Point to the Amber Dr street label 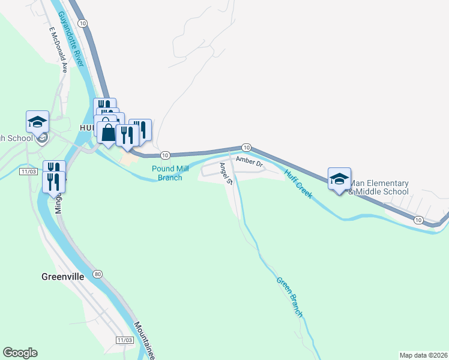tap(249, 162)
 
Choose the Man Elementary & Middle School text tap(378, 187)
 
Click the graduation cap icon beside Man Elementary tap(339, 178)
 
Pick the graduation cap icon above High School tap(37, 122)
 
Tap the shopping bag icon tap(107, 133)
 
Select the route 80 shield tap(98, 274)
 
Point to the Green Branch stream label tap(289, 296)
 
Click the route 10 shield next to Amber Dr tap(246, 147)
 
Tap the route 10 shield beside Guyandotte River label tap(83, 23)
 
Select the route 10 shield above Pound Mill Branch tap(165, 155)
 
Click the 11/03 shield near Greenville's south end tap(124, 340)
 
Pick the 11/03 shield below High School tap(28, 172)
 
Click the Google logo tap(20, 353)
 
